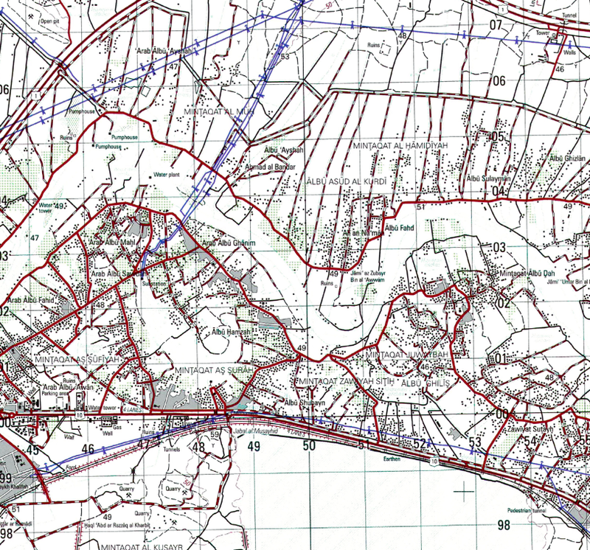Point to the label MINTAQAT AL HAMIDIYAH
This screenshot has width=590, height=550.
coord(400,146)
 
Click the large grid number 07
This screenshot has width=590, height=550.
coord(495,25)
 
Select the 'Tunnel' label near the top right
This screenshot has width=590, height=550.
coord(566,22)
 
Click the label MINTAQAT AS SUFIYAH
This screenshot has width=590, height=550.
coord(76,358)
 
